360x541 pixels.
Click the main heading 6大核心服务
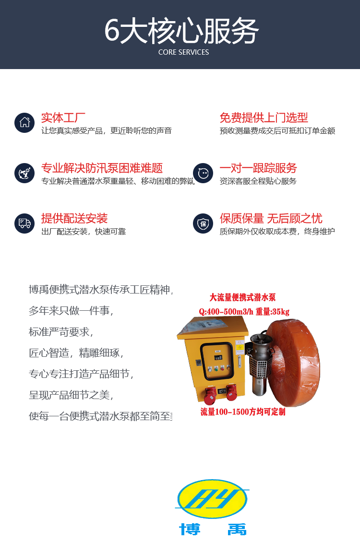point(181,31)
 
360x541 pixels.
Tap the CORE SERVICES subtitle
point(184,52)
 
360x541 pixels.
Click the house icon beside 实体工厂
point(24,122)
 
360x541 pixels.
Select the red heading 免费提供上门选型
point(264,118)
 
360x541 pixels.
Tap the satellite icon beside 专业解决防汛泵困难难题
point(24,173)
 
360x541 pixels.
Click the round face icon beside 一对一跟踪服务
point(203,173)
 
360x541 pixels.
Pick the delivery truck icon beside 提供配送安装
point(24,223)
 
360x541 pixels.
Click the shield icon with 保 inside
point(203,223)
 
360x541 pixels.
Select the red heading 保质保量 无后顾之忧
point(271,218)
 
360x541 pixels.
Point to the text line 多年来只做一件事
point(71,310)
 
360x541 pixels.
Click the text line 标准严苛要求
point(61,331)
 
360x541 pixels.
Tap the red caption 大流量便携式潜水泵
point(243,297)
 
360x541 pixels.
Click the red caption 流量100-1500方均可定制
point(243,412)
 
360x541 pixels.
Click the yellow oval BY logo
point(212,499)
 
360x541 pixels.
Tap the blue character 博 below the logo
point(190,529)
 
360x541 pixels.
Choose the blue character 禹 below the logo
point(237,529)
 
